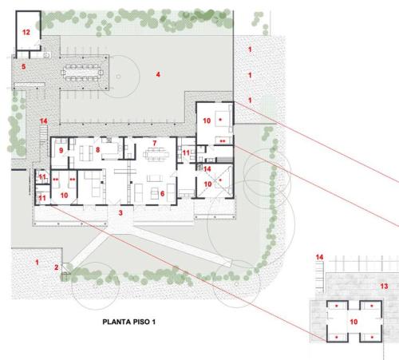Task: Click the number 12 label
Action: (26, 32)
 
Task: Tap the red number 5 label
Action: (24, 66)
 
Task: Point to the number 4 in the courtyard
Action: (158, 74)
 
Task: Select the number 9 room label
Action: (61, 151)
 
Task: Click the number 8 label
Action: (97, 150)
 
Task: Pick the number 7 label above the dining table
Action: (155, 143)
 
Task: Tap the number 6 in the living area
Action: (162, 194)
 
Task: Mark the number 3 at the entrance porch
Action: (120, 213)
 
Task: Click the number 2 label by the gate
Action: (56, 267)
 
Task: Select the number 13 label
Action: (384, 287)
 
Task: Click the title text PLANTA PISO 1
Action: (129, 322)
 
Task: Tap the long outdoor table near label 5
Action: (81, 73)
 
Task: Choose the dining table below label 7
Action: (156, 155)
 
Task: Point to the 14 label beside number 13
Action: (319, 257)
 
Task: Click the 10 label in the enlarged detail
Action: (354, 322)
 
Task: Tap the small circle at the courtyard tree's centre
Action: (118, 77)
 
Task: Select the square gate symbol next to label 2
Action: (66, 268)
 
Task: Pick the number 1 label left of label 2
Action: (37, 263)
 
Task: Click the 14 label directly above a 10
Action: (207, 169)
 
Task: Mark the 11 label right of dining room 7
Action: (186, 152)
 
